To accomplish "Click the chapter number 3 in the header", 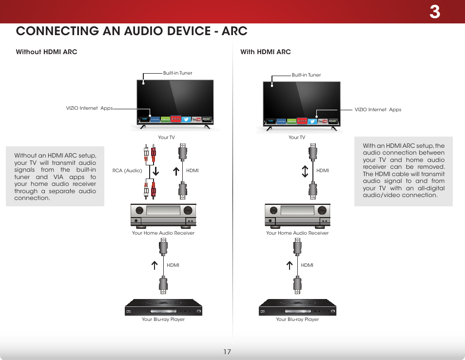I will [x=434, y=12].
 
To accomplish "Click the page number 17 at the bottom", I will [x=227, y=352].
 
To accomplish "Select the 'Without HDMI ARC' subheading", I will [x=46, y=52].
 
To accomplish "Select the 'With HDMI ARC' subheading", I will [x=265, y=52].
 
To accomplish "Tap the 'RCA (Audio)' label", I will [x=127, y=171].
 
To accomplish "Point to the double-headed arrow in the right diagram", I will [x=305, y=171].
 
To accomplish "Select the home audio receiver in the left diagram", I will [x=163, y=215].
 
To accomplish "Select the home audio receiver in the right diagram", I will [x=297, y=215].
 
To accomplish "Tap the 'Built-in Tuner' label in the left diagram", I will [x=177, y=73].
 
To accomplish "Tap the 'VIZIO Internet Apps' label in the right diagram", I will [x=378, y=110].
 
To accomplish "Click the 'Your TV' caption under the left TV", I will [x=166, y=138].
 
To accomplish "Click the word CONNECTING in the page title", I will [x=62, y=31].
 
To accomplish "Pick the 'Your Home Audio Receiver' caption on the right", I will [x=297, y=233].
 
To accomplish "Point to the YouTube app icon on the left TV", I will [x=196, y=119].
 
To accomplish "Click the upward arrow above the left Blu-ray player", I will [x=155, y=265].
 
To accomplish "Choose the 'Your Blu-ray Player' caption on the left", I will [x=163, y=320].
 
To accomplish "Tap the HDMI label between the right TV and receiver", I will [x=323, y=171].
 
